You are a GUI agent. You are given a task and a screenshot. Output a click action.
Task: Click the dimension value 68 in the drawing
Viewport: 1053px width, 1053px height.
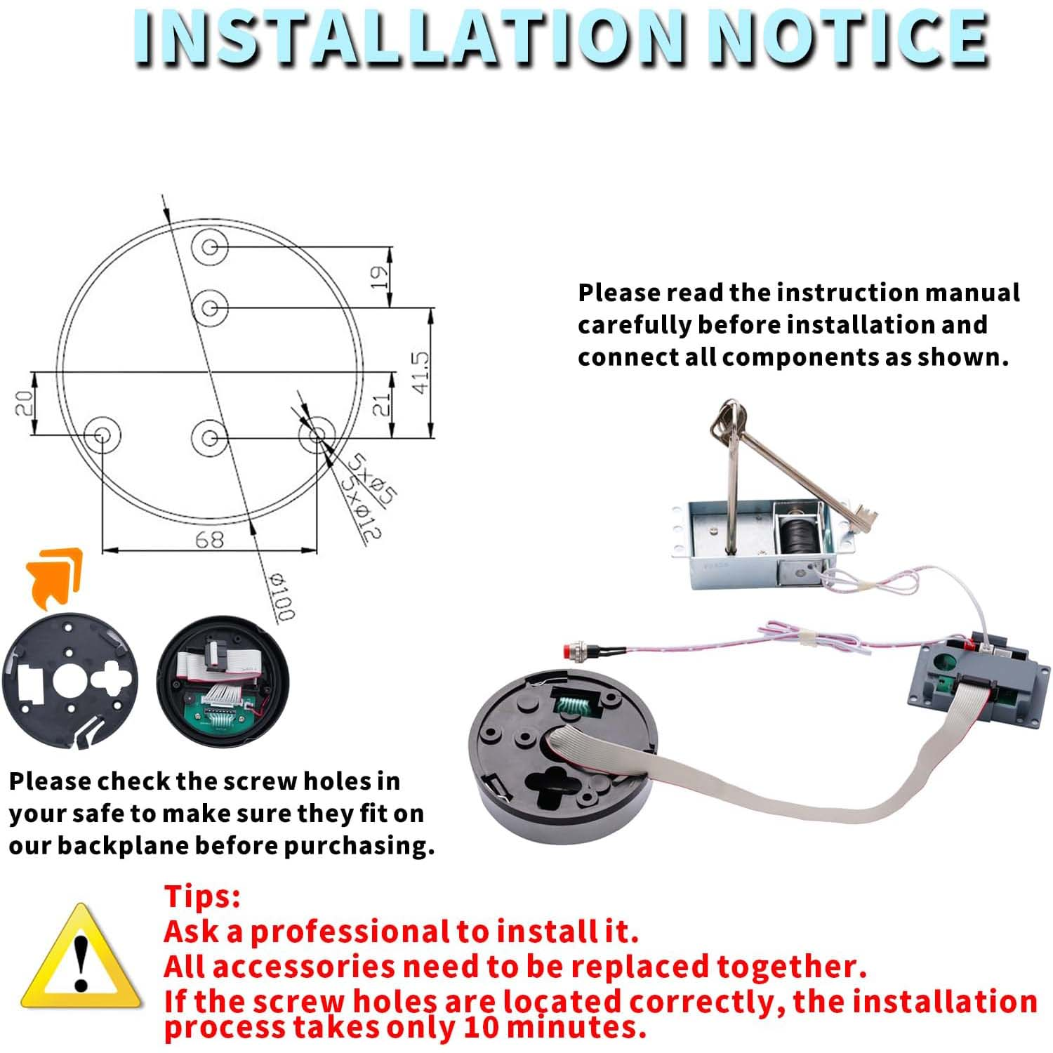209,539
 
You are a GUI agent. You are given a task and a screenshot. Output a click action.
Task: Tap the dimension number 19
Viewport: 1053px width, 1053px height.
378,277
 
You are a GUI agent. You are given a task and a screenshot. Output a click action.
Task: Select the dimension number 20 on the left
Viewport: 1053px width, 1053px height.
25,404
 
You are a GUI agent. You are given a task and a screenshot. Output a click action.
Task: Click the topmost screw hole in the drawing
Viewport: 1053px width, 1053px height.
210,246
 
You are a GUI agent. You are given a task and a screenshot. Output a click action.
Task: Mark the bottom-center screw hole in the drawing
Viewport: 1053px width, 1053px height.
209,437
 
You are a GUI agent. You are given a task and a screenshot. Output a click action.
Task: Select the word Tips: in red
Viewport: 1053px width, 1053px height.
202,896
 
